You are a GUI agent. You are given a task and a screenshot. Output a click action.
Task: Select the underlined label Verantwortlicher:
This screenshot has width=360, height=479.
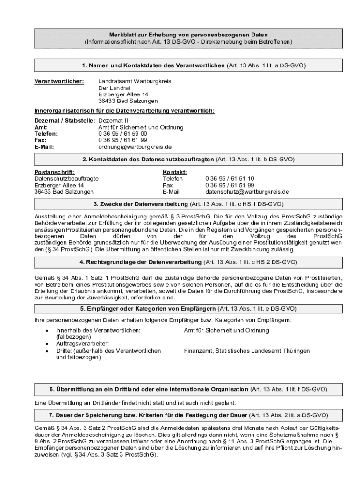59,81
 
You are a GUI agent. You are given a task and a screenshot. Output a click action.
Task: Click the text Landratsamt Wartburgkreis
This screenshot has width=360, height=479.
135,81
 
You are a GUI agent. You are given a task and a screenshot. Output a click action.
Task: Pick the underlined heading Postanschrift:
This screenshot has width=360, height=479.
55,172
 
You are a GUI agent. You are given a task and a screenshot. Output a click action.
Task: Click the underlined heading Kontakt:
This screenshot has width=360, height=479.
175,172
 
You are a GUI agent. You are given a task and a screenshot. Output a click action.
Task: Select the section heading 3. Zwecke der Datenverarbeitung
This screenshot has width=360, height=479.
141,205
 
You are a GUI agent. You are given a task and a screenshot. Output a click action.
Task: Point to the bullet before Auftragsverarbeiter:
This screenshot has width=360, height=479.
46,344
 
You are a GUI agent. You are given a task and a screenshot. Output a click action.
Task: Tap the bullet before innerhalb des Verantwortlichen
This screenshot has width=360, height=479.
46,331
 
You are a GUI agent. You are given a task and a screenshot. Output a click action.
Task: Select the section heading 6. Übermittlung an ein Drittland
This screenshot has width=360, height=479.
149,390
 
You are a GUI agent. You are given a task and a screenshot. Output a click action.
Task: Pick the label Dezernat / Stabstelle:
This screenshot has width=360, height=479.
65,121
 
